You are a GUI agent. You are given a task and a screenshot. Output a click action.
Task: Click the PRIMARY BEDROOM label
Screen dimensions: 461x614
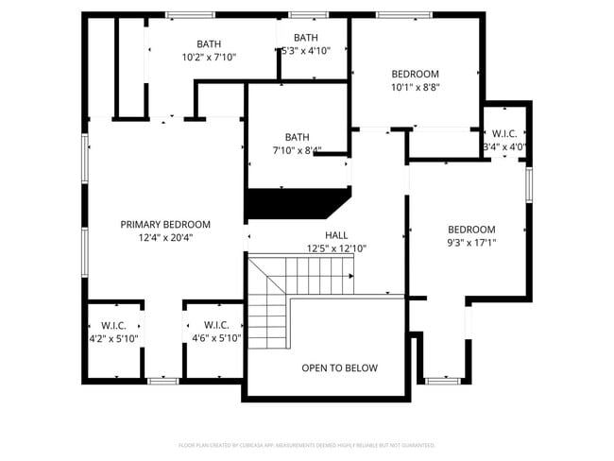pos(165,224)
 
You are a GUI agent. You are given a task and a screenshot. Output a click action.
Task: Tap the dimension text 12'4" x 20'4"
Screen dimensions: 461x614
pos(165,238)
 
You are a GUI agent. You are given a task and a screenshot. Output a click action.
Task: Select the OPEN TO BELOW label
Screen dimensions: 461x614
pos(339,367)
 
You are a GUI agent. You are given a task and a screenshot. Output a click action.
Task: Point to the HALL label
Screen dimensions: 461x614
pos(336,235)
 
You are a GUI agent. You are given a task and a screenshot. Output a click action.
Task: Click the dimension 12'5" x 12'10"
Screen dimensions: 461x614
pos(336,248)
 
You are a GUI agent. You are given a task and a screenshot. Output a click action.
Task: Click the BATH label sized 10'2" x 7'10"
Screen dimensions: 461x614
pos(209,44)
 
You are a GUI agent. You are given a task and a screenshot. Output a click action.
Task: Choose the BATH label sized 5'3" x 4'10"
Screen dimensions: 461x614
pos(305,38)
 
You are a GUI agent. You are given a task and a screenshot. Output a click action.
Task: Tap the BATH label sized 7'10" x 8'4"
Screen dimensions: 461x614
pos(297,136)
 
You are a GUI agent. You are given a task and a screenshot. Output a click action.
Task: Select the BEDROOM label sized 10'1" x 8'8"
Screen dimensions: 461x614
pos(416,74)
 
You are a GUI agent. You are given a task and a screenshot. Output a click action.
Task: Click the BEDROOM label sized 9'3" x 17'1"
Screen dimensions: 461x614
pos(471,229)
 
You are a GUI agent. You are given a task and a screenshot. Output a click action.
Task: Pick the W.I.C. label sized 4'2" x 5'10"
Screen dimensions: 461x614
pos(113,325)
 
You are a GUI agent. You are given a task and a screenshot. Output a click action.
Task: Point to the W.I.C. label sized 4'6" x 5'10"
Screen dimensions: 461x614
pos(216,325)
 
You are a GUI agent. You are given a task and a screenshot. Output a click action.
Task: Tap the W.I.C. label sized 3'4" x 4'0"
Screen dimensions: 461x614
pos(503,133)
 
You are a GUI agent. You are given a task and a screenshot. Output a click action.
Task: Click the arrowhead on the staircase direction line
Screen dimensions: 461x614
pos(351,276)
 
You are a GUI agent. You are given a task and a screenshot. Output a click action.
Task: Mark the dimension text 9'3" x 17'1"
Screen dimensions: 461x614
pos(471,242)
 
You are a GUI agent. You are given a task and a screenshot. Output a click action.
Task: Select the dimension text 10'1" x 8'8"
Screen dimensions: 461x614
pos(416,87)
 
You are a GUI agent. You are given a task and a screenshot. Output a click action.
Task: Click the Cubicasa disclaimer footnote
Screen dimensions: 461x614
pos(307,445)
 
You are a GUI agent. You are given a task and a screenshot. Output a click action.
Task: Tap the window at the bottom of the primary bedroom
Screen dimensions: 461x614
pos(163,381)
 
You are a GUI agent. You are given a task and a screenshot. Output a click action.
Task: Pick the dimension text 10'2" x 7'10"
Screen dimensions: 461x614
pos(209,58)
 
